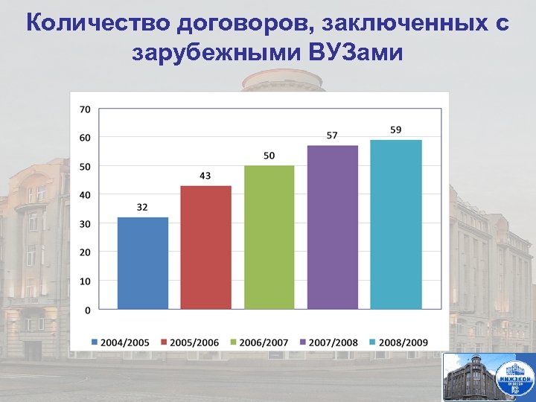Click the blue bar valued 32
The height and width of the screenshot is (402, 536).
(x=143, y=263)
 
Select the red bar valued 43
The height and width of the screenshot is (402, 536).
(x=206, y=247)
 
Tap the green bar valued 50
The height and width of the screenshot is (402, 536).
(x=269, y=237)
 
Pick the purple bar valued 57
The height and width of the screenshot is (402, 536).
(x=333, y=227)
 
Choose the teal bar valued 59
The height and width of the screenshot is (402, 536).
(x=396, y=224)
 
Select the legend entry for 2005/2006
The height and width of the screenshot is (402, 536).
(x=190, y=342)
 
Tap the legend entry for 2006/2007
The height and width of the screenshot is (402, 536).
(x=260, y=342)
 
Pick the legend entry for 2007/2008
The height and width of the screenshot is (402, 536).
(x=329, y=342)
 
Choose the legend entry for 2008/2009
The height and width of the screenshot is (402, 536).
(x=399, y=342)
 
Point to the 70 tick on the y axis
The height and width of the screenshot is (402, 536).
(x=85, y=109)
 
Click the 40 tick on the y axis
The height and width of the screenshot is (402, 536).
(x=85, y=194)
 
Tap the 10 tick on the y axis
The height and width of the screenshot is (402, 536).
(x=85, y=281)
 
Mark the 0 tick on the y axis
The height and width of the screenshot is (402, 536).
(x=88, y=309)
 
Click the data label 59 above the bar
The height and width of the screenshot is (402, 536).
(x=396, y=130)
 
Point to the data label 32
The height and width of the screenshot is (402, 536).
(x=142, y=207)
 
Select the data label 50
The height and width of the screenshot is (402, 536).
(x=269, y=155)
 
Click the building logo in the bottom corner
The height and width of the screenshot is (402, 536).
(x=488, y=377)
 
